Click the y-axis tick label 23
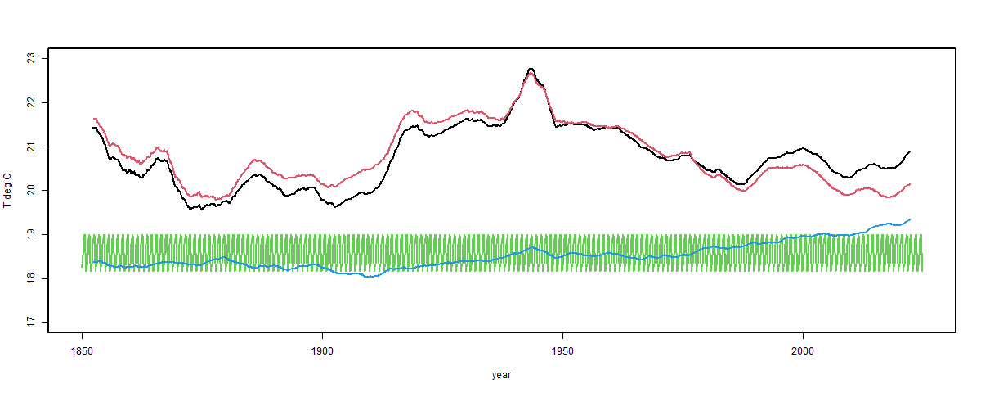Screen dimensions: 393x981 coord(30,58)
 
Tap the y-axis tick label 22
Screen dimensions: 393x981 coord(30,102)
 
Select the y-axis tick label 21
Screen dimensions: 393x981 coord(30,147)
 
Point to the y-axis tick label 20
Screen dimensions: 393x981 coord(30,191)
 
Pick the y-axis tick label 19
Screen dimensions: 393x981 coord(30,235)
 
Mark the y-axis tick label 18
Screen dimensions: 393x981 coord(30,279)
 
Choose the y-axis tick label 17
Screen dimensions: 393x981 coord(30,323)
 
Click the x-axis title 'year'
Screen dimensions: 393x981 coord(502,375)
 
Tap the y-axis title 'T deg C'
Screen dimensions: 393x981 coord(7,191)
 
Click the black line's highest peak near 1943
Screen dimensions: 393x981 coord(531,69)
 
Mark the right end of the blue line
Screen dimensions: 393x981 coord(910,219)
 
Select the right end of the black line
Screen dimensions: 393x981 coord(910,151)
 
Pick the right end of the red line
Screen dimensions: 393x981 coord(910,184)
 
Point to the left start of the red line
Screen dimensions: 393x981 coord(94,119)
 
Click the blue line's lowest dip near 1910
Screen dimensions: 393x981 coord(370,277)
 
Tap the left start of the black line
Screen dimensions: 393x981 coord(93,128)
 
